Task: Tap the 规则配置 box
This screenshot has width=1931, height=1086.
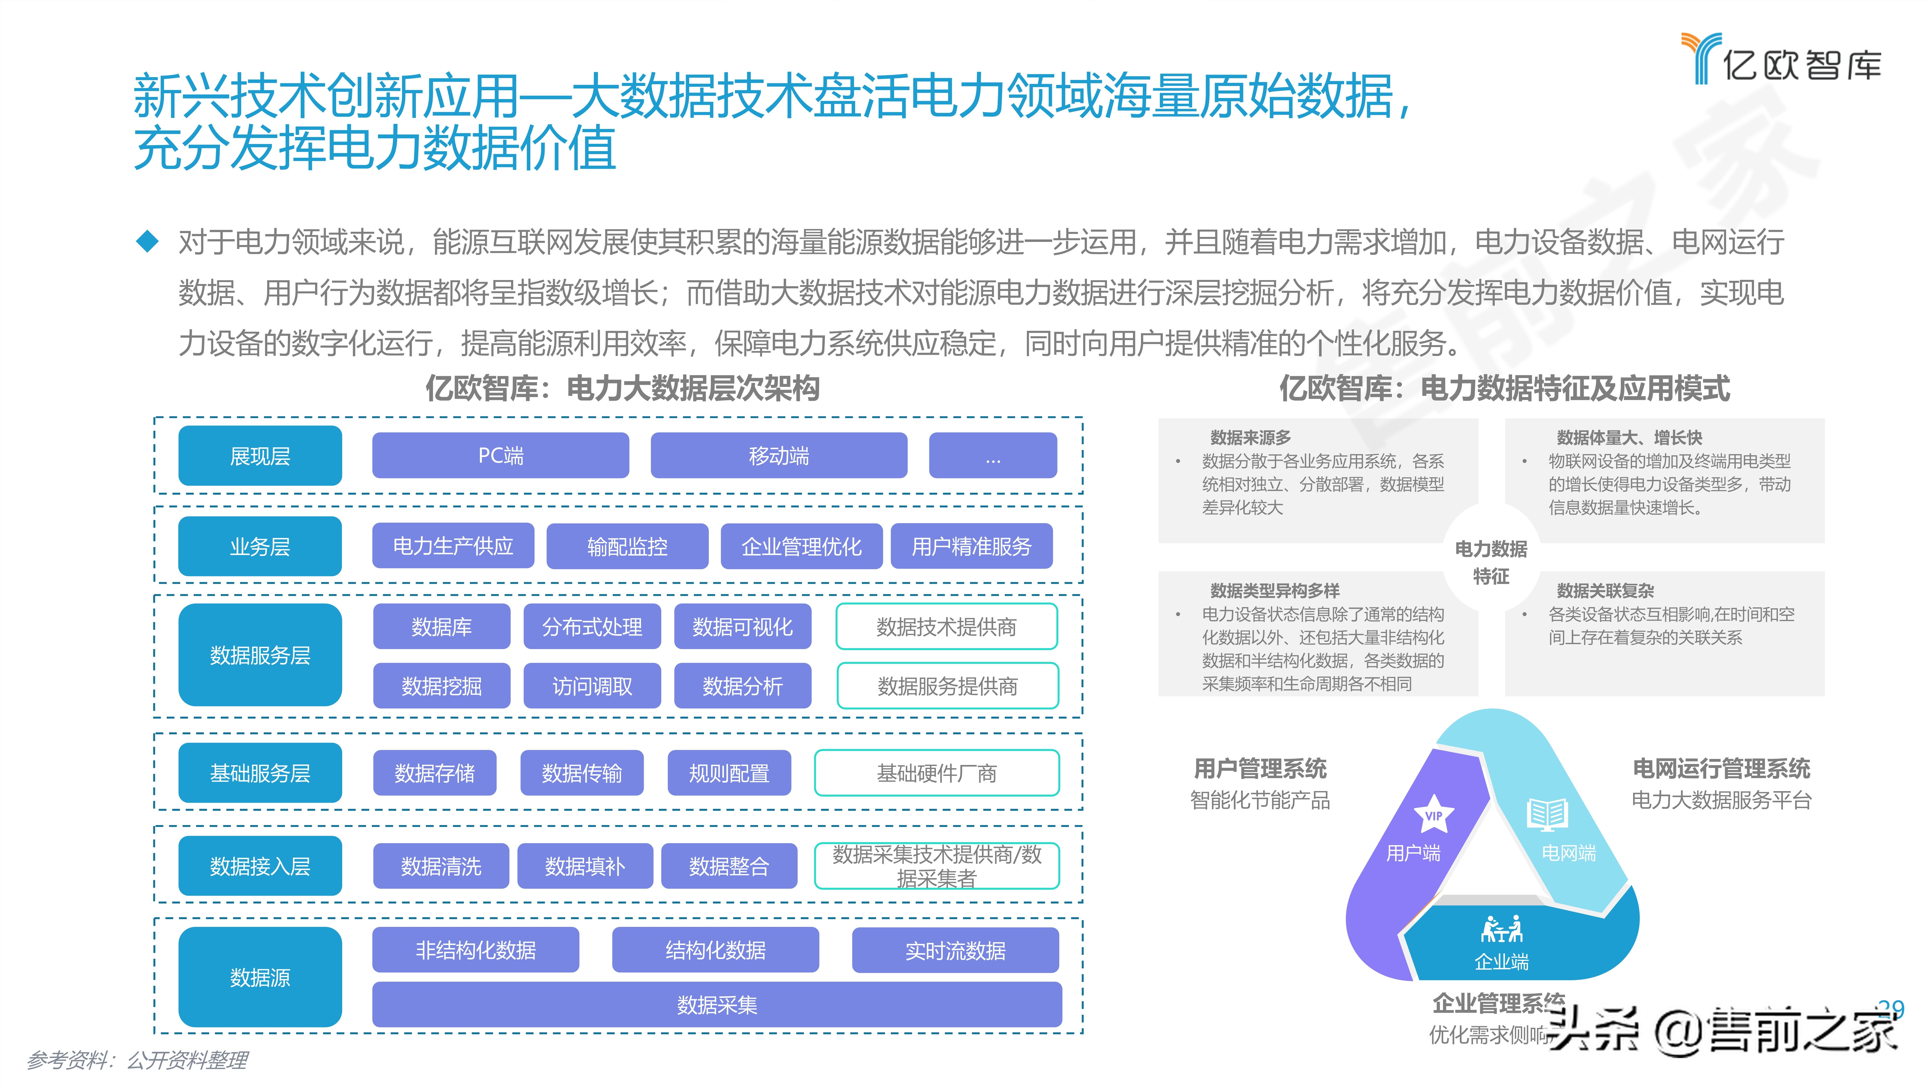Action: click(x=729, y=773)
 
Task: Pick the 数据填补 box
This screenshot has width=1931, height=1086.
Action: click(x=585, y=866)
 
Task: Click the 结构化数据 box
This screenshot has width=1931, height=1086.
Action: click(x=715, y=950)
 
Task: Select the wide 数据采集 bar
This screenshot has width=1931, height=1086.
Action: click(x=717, y=1004)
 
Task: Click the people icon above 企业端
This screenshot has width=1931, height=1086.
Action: click(x=1502, y=929)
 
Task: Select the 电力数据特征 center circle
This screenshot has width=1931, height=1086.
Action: click(x=1491, y=562)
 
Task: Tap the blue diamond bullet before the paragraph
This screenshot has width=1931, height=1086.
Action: click(x=148, y=241)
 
